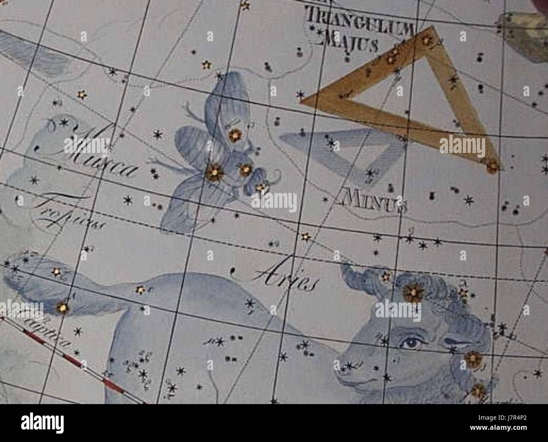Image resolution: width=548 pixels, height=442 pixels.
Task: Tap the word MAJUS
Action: point(348,42)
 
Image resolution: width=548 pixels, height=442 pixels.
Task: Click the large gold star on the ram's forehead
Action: point(413,292)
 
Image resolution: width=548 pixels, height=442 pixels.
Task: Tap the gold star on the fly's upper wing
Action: point(233,135)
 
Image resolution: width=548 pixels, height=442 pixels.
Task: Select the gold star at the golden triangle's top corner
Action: point(427,40)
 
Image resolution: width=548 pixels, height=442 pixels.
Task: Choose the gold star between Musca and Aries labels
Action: point(305,237)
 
